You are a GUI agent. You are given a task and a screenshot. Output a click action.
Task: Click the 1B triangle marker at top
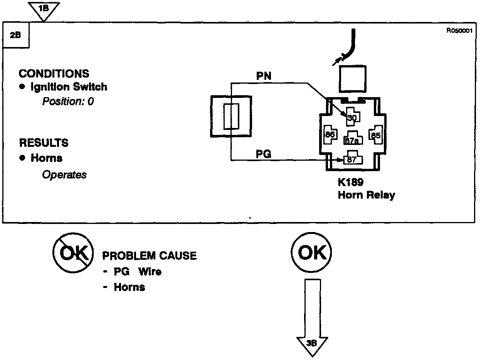point(44,9)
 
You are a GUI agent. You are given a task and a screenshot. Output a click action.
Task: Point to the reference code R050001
point(459,31)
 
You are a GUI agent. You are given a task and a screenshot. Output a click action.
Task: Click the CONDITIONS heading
point(54,74)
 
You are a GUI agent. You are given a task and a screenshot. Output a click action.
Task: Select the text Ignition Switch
point(69,87)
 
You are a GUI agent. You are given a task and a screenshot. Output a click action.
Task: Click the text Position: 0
point(68,102)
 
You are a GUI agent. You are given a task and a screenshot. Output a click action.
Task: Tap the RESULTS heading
point(44,143)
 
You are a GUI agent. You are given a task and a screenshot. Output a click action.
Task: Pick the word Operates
point(64,175)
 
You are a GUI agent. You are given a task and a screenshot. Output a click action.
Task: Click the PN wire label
point(264,76)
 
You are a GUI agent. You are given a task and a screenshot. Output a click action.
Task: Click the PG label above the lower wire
point(264,155)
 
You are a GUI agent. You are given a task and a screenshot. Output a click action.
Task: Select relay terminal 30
point(352,118)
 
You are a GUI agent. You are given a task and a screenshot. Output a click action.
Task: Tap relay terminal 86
point(330,135)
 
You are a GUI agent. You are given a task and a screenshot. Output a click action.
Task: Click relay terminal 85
point(375,135)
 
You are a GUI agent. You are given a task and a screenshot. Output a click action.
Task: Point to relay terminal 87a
point(352,140)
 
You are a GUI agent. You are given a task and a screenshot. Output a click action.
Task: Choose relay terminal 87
point(351,160)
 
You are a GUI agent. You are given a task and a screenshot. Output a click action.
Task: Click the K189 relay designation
point(351,182)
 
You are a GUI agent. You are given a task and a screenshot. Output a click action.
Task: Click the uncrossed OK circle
point(312,253)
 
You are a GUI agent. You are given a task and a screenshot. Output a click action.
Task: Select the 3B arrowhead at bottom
point(312,344)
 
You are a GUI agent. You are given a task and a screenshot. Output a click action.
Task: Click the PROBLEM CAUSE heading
point(149,256)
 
